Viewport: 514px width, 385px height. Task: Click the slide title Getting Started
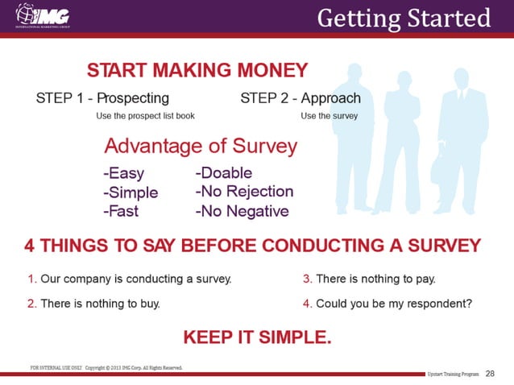pyautogui.click(x=403, y=17)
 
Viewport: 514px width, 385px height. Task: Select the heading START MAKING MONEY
pyautogui.click(x=197, y=69)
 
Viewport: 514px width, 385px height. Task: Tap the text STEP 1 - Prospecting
pyautogui.click(x=102, y=98)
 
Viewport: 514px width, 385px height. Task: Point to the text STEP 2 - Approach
pyautogui.click(x=301, y=98)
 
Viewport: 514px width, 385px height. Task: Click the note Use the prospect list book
pyautogui.click(x=145, y=115)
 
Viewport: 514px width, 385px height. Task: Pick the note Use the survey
pyautogui.click(x=329, y=115)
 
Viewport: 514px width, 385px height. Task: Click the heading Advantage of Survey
pyautogui.click(x=201, y=147)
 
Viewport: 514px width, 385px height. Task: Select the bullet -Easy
pyautogui.click(x=123, y=173)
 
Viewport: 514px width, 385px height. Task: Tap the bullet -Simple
pyautogui.click(x=130, y=192)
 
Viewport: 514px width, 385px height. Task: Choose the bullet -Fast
pyautogui.click(x=121, y=211)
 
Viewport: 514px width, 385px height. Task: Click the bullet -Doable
pyautogui.click(x=223, y=173)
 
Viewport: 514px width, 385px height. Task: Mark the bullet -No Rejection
pyautogui.click(x=244, y=192)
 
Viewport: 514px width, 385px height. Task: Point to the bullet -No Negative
pyautogui.click(x=242, y=211)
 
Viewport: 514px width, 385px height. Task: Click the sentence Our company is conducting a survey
pyautogui.click(x=130, y=279)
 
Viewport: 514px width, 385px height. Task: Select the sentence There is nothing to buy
pyautogui.click(x=93, y=304)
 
